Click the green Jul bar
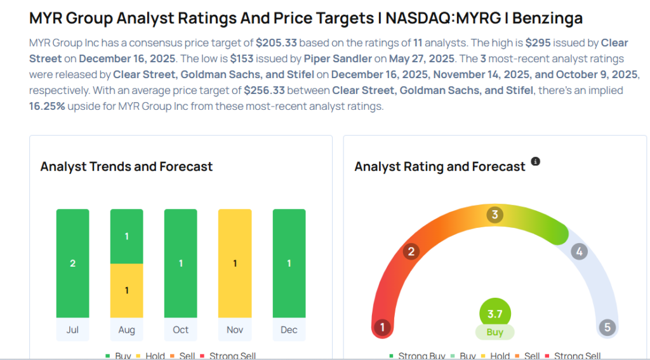click(72, 263)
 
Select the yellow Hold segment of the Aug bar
click(126, 290)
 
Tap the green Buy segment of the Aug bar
click(126, 236)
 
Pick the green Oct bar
click(180, 263)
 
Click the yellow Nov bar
click(235, 263)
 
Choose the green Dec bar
click(289, 263)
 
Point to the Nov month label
click(235, 330)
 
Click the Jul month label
click(72, 330)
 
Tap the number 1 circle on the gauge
click(382, 328)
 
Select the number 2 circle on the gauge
click(411, 251)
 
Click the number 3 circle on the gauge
click(494, 215)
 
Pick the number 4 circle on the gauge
click(578, 251)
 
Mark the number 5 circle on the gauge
click(607, 328)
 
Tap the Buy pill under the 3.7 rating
click(494, 332)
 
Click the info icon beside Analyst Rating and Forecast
click(535, 162)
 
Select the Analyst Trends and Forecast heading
click(126, 167)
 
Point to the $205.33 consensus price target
click(277, 43)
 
